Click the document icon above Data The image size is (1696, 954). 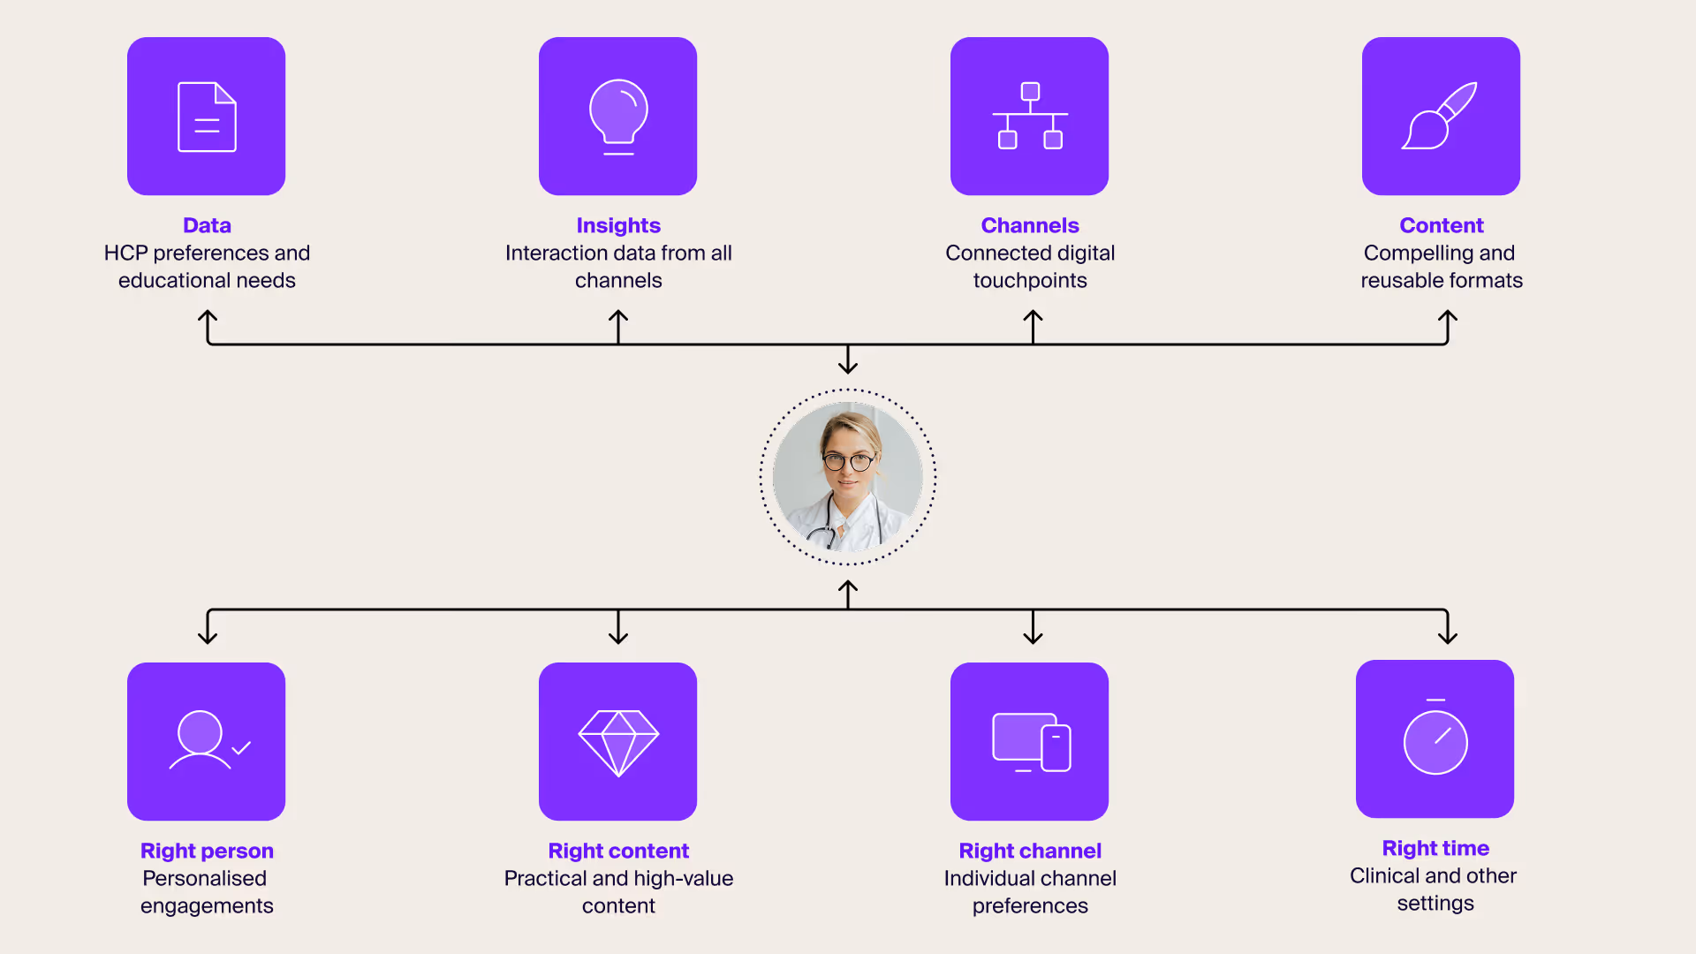coord(207,117)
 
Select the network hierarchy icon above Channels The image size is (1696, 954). coord(1030,116)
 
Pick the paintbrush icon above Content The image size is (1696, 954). coord(1440,116)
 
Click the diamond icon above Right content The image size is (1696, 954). coord(618,742)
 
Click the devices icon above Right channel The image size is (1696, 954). coord(1031,742)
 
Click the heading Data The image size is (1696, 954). coord(207,225)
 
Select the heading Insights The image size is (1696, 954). coord(618,225)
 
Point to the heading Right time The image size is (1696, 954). coord(1435,848)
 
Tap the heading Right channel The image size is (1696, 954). coord(1030,851)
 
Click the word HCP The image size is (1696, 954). coord(125,254)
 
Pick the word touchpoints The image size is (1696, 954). coord(1030,281)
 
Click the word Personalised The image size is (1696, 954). coord(204,878)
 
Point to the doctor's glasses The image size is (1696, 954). coord(847,461)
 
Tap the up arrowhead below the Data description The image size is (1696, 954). coord(208,314)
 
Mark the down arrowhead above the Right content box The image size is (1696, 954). coord(618,638)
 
